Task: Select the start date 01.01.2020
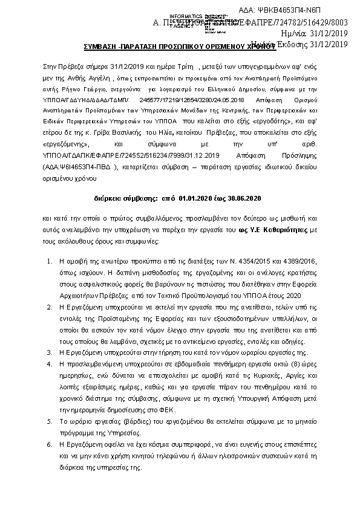198,197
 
